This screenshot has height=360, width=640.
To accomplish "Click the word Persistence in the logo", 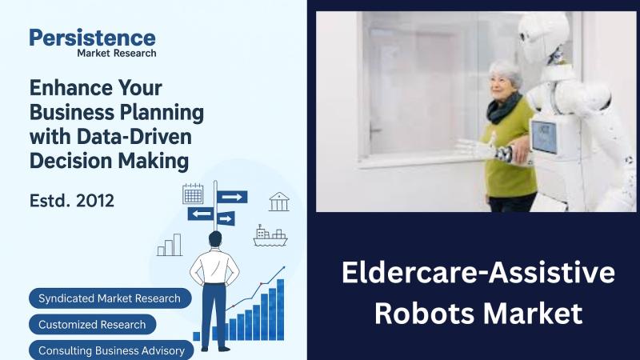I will [x=92, y=37].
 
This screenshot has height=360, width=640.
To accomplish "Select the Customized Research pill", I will [x=92, y=325].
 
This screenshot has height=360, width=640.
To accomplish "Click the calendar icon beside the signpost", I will [x=193, y=194].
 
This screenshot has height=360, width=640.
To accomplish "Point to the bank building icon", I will [x=279, y=202].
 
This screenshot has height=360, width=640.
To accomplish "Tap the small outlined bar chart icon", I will [x=170, y=245].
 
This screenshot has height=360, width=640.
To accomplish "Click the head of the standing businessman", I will [x=215, y=238].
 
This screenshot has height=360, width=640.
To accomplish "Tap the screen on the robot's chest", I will [x=544, y=136].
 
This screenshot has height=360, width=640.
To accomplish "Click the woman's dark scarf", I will [x=505, y=108].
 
